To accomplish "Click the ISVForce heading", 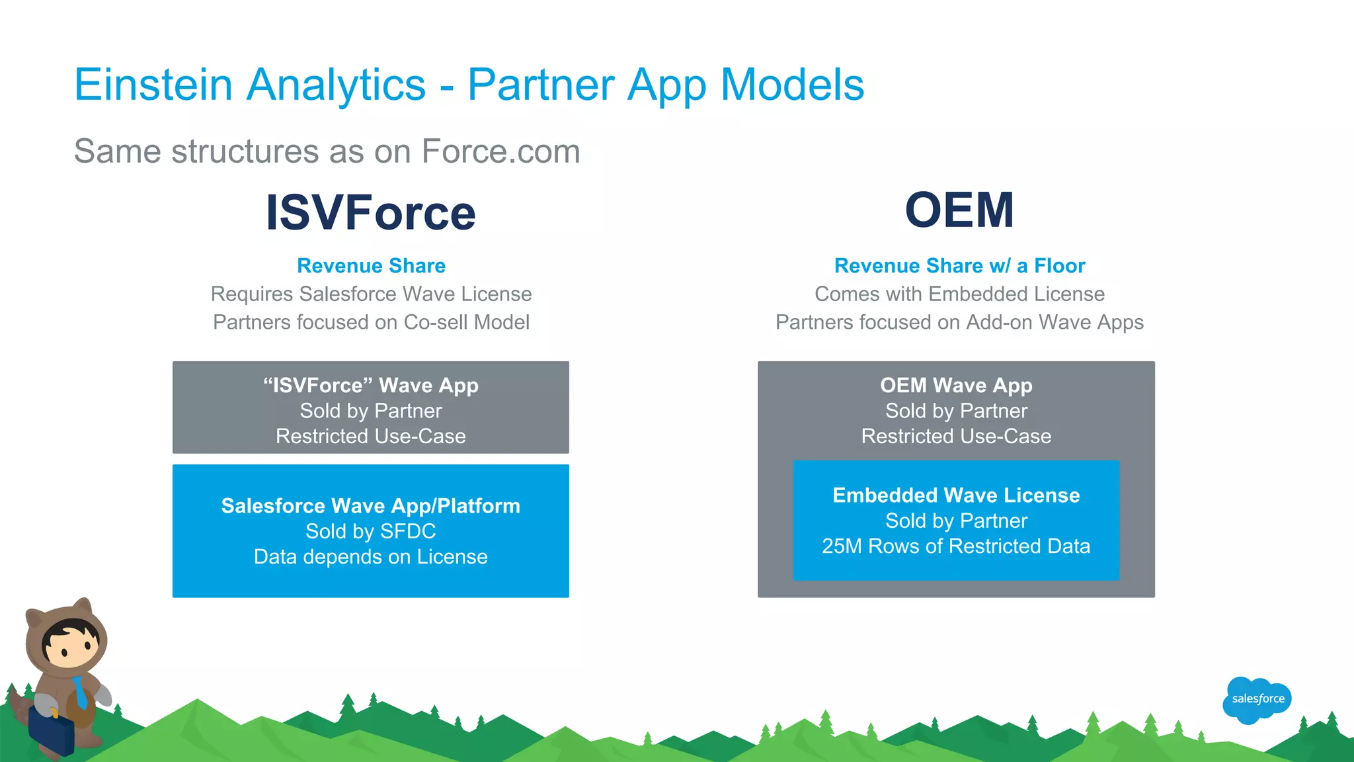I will click(370, 213).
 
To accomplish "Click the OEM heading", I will click(959, 210).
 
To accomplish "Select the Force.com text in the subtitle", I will click(500, 151).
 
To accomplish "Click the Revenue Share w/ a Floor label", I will click(959, 266).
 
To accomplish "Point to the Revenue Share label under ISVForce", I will click(371, 266).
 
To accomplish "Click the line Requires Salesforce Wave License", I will click(371, 294).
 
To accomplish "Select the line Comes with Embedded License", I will click(959, 294).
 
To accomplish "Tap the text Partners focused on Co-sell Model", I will click(371, 322).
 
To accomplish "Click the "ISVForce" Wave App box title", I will click(371, 385).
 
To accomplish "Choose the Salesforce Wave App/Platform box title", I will click(371, 506).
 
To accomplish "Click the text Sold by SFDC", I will click(371, 531).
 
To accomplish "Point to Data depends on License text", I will click(371, 557).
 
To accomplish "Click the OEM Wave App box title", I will click(956, 385).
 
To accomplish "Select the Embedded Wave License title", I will click(956, 495).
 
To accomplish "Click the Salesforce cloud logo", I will click(1257, 699).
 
